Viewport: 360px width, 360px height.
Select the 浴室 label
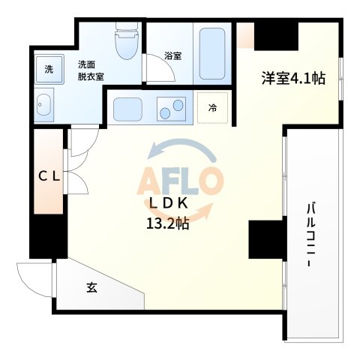173,55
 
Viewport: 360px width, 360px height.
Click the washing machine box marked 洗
48,70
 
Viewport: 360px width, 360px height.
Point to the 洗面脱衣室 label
91,70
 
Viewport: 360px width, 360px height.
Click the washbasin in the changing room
43,103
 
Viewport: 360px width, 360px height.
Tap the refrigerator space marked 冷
212,108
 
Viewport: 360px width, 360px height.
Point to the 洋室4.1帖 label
292,77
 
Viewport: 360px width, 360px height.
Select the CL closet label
49,176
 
